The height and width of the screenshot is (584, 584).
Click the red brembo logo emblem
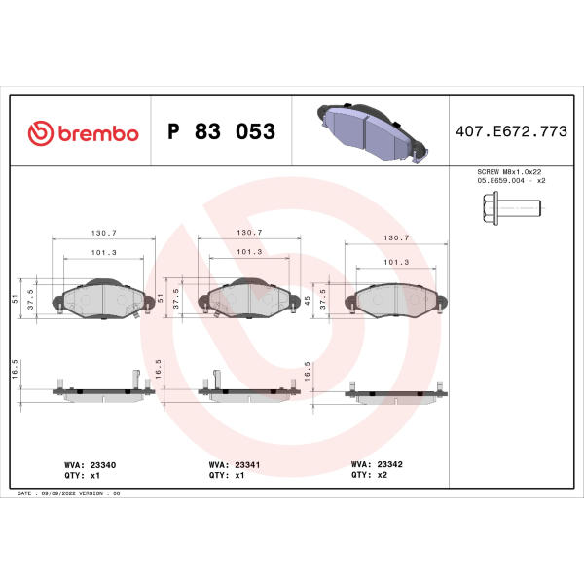41,133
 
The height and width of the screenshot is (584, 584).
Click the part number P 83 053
222,131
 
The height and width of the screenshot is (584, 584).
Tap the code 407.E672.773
511,131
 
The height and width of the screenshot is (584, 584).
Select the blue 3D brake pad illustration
373,132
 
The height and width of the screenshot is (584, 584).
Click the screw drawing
512,208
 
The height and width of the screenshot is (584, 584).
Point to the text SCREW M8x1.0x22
509,172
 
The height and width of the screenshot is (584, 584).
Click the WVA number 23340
103,465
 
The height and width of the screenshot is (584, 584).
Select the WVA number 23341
247,465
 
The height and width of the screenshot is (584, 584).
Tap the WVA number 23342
389,464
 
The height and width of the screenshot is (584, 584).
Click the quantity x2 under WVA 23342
383,475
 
